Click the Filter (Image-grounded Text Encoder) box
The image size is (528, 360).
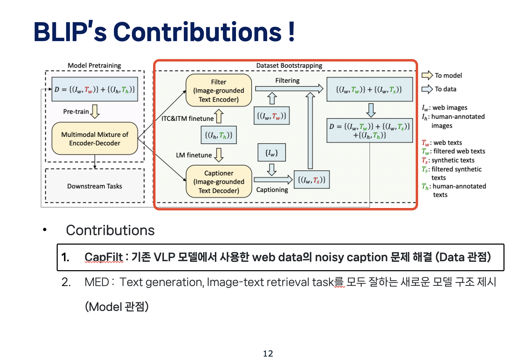point(219,91)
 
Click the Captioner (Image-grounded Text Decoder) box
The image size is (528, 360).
point(219,182)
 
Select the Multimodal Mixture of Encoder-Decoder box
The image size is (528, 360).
point(95,139)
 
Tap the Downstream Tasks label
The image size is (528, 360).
point(95,186)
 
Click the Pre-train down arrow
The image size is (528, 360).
point(95,111)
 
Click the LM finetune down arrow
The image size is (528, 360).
point(219,155)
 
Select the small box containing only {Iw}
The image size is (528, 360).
point(272,153)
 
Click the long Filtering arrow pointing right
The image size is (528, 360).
point(289,89)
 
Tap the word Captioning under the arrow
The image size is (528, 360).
point(272,190)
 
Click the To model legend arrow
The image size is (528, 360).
point(427,75)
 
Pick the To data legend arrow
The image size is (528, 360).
point(427,89)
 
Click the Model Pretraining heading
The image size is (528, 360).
point(94,66)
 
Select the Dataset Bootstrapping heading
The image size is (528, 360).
point(289,66)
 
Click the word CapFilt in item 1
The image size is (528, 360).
point(104,257)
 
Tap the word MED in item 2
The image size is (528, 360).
point(97,282)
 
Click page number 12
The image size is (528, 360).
point(268,353)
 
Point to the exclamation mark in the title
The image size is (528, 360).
point(291,32)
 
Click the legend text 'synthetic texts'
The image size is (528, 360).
point(453,160)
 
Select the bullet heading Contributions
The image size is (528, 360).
point(110,230)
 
